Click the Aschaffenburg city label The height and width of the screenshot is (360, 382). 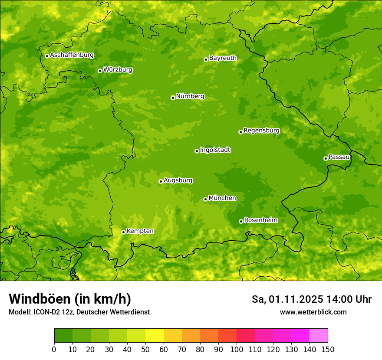(72, 55)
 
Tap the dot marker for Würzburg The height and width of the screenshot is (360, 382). (100, 71)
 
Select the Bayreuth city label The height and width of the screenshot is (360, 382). (223, 58)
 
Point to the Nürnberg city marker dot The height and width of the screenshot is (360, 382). (173, 98)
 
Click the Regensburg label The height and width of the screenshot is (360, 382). (261, 131)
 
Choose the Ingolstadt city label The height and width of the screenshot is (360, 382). (215, 150)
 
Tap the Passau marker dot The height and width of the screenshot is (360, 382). (326, 158)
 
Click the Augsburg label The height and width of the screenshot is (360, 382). (178, 180)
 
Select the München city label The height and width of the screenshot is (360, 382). (222, 198)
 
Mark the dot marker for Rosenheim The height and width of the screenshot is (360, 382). (241, 222)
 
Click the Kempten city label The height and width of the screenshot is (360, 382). (140, 231)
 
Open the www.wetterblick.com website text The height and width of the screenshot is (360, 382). (313, 312)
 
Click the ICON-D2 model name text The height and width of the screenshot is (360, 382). (45, 312)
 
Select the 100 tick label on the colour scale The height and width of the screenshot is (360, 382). (237, 350)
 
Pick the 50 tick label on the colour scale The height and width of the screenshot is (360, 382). (145, 350)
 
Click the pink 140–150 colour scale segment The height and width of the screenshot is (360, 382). (319, 336)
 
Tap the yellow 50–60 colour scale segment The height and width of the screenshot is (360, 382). (155, 336)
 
